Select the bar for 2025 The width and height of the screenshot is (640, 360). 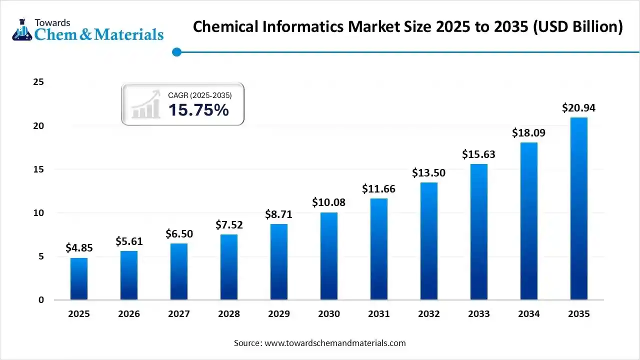(79, 279)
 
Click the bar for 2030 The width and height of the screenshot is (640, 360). (329, 256)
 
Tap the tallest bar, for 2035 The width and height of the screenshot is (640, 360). (579, 209)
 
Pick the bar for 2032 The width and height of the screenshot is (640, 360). (429, 241)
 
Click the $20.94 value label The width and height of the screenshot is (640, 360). (579, 107)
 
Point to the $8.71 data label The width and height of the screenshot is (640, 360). (279, 214)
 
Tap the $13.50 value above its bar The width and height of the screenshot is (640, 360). (429, 173)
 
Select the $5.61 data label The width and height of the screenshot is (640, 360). (129, 241)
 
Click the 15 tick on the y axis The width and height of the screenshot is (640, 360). (38, 169)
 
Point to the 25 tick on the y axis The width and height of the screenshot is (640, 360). (38, 82)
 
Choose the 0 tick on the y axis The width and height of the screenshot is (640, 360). (41, 300)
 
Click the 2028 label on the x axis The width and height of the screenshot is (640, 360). (229, 314)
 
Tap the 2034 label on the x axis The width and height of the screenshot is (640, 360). (529, 314)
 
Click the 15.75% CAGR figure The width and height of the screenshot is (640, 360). (198, 110)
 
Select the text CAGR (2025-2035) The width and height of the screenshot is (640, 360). (199, 94)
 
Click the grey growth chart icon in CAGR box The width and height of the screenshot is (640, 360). (146, 104)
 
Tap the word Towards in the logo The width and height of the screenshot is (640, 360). (52, 22)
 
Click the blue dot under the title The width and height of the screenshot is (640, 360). (176, 51)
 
